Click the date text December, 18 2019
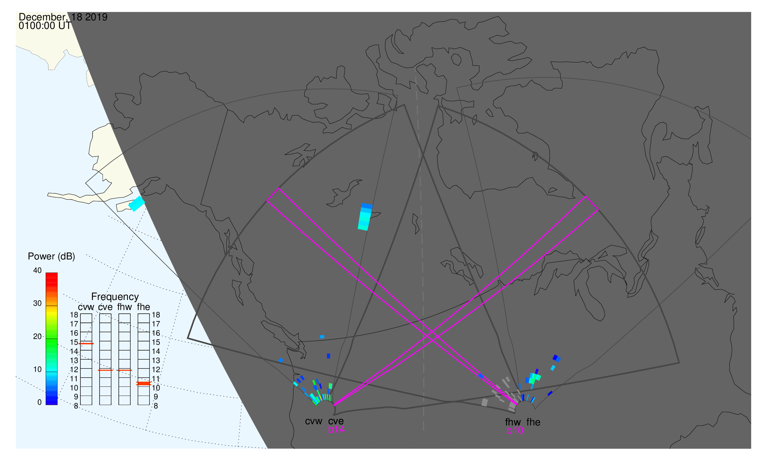point(63,17)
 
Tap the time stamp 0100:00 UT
point(45,26)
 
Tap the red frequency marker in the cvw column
point(86,344)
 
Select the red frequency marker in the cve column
point(105,371)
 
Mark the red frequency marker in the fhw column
point(125,371)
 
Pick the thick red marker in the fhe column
point(143,384)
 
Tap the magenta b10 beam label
point(515,431)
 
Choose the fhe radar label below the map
point(533,422)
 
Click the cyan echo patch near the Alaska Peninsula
point(137,204)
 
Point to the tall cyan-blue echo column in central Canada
point(365,217)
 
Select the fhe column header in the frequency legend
point(143,307)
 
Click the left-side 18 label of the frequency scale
point(74,315)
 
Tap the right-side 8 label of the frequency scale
point(156,406)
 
